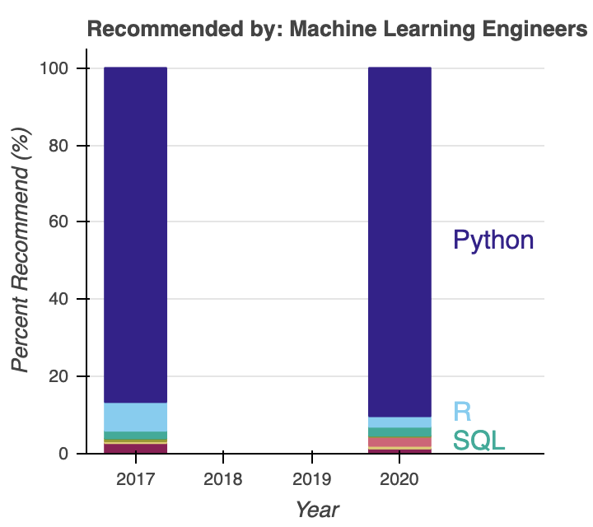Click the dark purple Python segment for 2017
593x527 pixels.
coord(136,235)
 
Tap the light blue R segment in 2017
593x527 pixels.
coord(136,417)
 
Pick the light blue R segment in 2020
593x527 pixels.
coord(399,422)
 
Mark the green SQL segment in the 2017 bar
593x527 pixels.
coord(136,435)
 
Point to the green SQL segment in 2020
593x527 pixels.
coord(399,432)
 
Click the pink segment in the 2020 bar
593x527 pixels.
coord(399,441)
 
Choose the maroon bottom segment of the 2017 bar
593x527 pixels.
coord(136,449)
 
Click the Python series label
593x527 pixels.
coord(493,240)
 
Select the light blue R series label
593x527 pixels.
coord(462,410)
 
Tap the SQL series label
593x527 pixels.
coord(479,441)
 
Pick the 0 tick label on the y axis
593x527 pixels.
coord(62,454)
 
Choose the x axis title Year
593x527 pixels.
coord(317,509)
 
